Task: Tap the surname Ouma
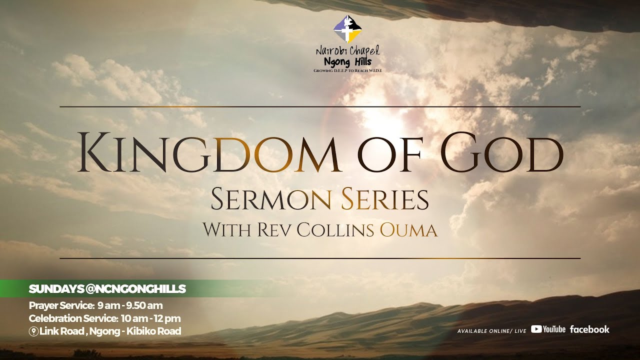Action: (408, 230)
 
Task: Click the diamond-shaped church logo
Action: (347, 29)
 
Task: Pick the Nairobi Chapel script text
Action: (347, 50)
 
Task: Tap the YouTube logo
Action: (548, 329)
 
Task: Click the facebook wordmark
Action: (589, 329)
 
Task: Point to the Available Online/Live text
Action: (491, 331)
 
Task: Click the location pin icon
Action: (33, 331)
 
